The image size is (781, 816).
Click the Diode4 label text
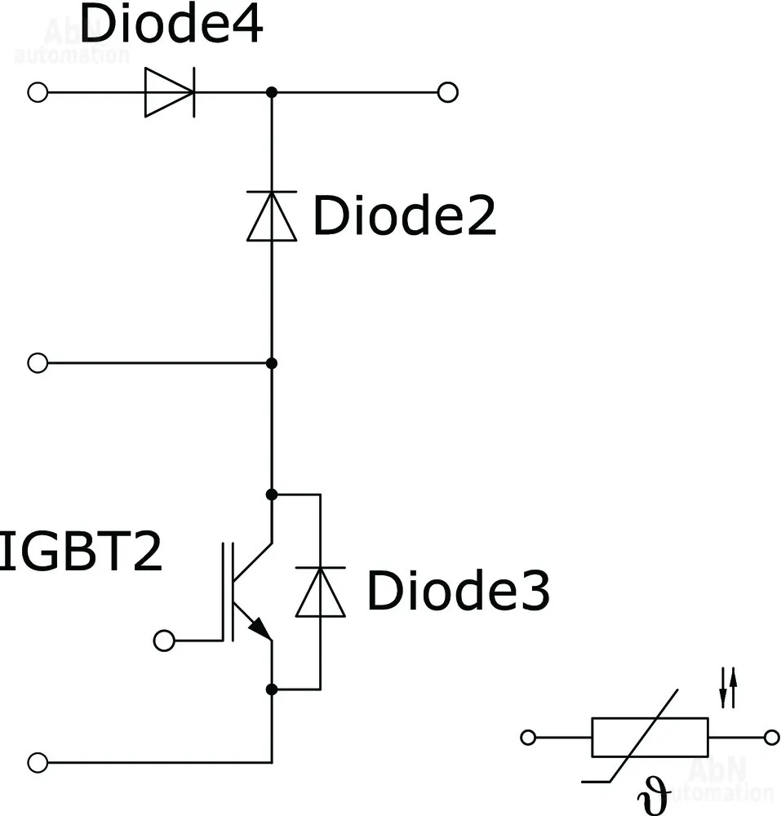tap(172, 25)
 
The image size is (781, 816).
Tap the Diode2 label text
tap(404, 216)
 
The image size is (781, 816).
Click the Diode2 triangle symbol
tap(272, 215)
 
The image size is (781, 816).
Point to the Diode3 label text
tap(458, 591)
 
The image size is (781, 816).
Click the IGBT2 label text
tap(80, 552)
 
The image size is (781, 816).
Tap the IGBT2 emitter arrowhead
tap(260, 628)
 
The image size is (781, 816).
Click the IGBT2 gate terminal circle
tap(164, 641)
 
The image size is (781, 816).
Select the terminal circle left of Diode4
tap(38, 92)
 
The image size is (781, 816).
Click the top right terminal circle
tap(447, 92)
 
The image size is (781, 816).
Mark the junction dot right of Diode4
tap(272, 92)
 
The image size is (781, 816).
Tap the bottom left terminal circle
tap(38, 763)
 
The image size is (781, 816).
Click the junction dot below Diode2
tap(272, 362)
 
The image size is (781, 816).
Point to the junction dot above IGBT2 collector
tap(272, 494)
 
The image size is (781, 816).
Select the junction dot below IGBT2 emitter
tap(272, 690)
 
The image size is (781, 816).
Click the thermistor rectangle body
tap(650, 738)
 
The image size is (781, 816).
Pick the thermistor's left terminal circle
tap(528, 738)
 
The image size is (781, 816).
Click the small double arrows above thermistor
tap(728, 687)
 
